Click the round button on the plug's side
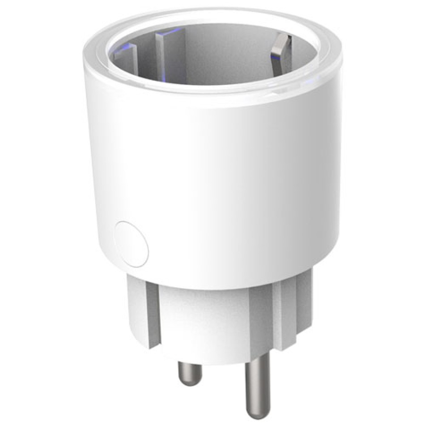[131, 243]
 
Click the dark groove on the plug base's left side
[153, 313]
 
